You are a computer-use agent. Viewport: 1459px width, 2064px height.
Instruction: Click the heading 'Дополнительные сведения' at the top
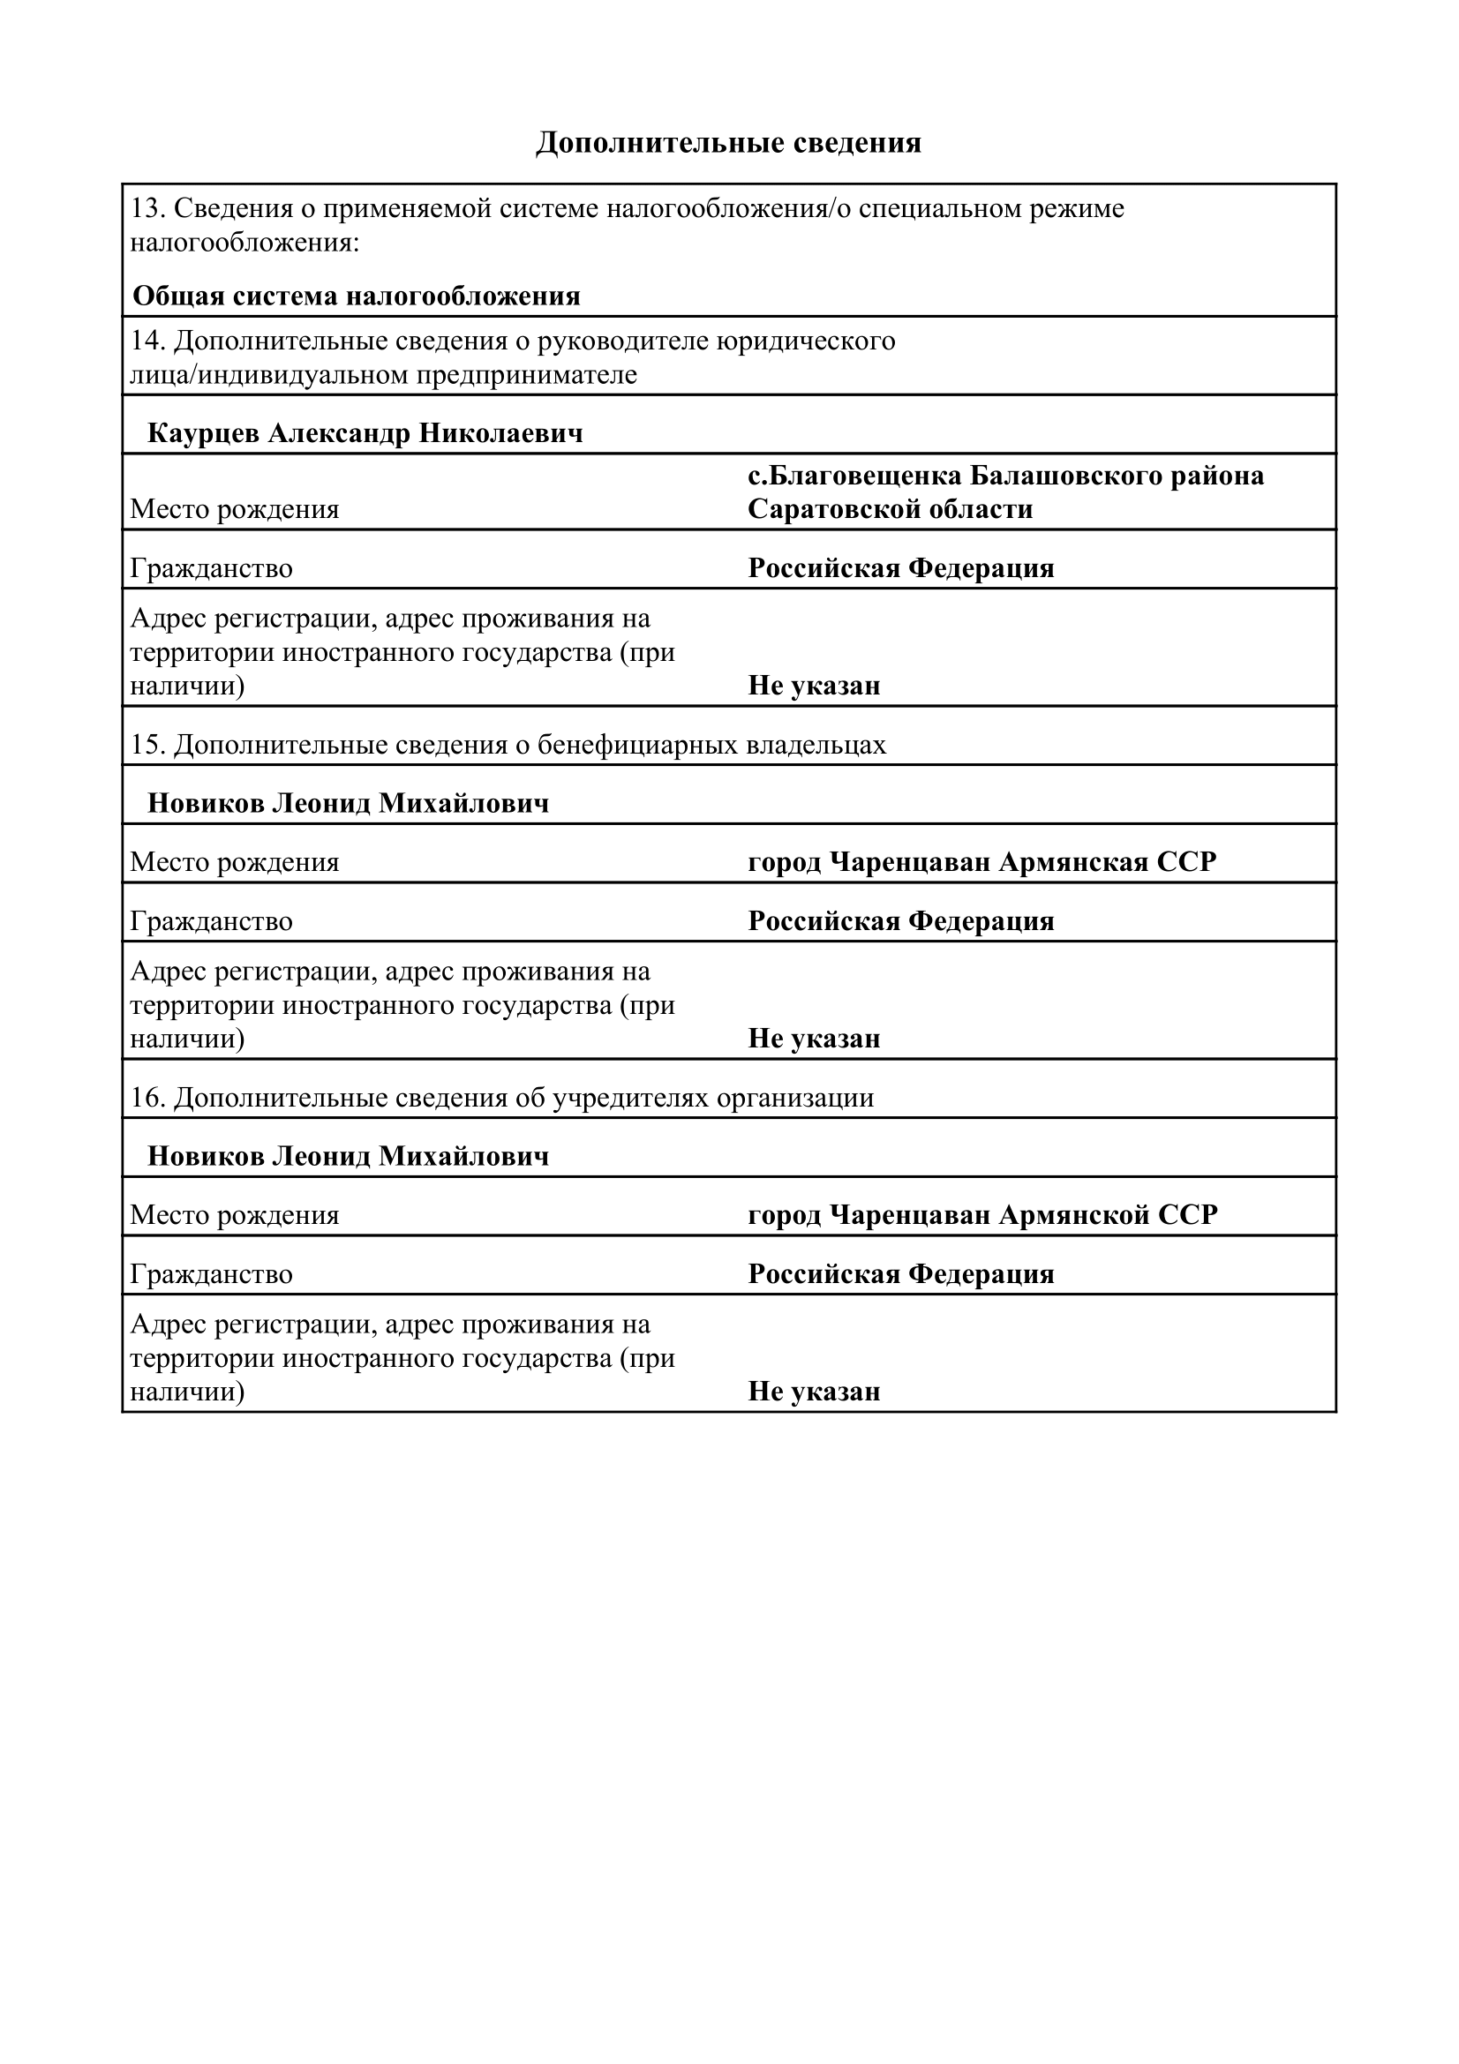[x=728, y=143]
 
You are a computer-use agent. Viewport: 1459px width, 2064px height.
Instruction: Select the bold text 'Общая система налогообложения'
[x=356, y=296]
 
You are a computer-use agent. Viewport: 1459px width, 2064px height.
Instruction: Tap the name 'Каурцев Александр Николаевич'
[x=365, y=433]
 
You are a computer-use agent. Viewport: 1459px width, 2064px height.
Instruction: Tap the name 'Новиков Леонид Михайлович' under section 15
[x=348, y=803]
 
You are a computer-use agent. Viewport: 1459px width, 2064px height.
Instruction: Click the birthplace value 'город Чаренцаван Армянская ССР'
[x=981, y=862]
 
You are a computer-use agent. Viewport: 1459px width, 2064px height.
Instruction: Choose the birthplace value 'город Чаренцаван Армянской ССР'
[x=982, y=1214]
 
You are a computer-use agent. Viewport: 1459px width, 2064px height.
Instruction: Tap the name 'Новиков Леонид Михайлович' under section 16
[x=348, y=1156]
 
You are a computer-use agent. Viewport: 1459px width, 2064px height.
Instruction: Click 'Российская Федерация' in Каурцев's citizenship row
[x=901, y=568]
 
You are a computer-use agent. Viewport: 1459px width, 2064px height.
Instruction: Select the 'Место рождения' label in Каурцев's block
[x=235, y=509]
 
